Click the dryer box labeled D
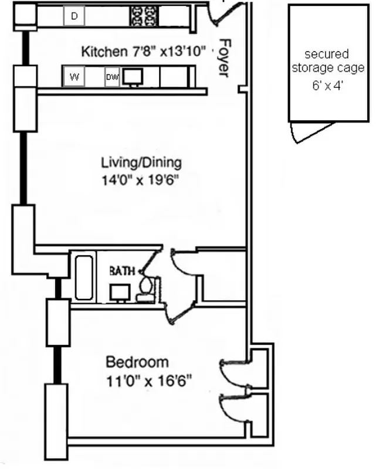[74, 17]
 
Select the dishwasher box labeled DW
[112, 77]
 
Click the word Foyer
[224, 57]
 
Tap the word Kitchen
[103, 51]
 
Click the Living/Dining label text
[141, 162]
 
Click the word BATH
[122, 271]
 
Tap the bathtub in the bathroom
[83, 277]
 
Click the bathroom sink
[120, 292]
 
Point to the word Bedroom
[137, 362]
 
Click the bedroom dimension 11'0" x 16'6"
[148, 381]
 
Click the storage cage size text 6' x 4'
[329, 84]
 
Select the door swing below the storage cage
[311, 132]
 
